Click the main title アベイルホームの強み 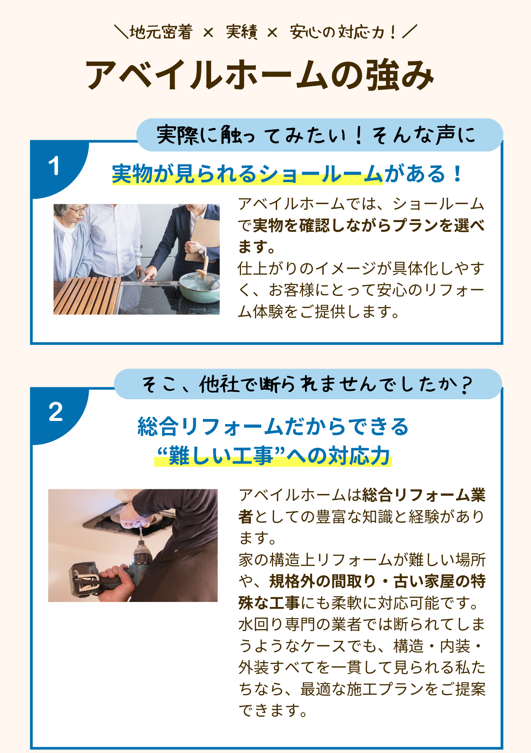[260, 75]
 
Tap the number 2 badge [56, 412]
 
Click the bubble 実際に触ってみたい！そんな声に [320, 135]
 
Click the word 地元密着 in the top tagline [161, 32]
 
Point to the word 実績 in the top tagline [241, 32]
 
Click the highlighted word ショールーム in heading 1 [321, 174]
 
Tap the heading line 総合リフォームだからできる [273, 427]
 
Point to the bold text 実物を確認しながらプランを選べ [369, 226]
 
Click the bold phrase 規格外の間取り [322, 581]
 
